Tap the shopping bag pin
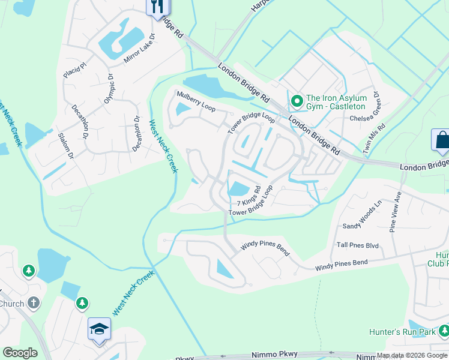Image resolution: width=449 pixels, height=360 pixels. (441, 140)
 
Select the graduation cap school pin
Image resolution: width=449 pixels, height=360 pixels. (99, 329)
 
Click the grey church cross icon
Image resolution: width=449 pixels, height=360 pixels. (34, 303)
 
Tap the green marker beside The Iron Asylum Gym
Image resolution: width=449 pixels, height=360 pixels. (295, 100)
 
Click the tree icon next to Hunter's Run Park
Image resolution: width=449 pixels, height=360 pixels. (444, 331)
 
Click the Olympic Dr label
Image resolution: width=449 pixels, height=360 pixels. (109, 89)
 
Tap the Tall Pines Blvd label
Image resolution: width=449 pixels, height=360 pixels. (358, 245)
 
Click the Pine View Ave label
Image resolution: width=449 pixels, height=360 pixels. (395, 211)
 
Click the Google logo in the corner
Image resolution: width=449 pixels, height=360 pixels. (20, 353)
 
